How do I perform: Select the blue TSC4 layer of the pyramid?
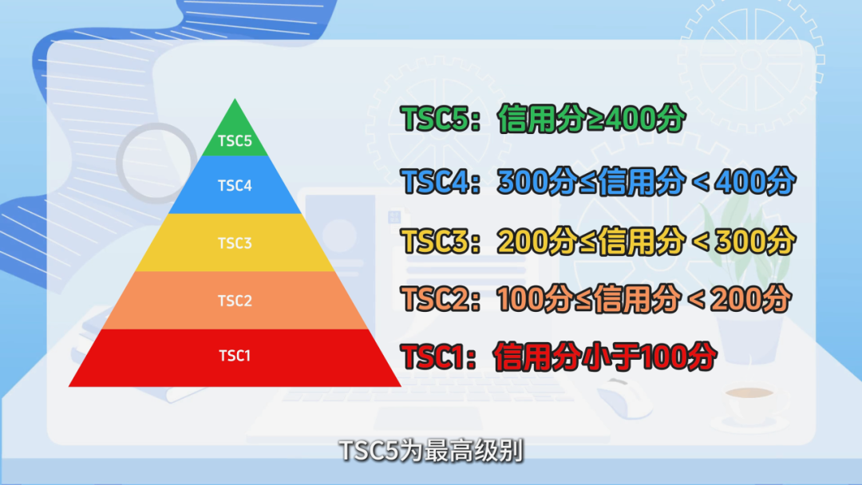pos(235,185)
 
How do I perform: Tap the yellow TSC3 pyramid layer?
pos(235,242)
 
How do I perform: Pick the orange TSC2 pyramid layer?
pos(235,301)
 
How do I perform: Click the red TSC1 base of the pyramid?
pos(235,358)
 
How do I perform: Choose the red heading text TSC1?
pos(434,357)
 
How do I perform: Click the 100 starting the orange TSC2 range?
pos(520,299)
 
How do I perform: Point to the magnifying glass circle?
pos(156,163)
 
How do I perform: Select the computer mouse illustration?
pos(624,396)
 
